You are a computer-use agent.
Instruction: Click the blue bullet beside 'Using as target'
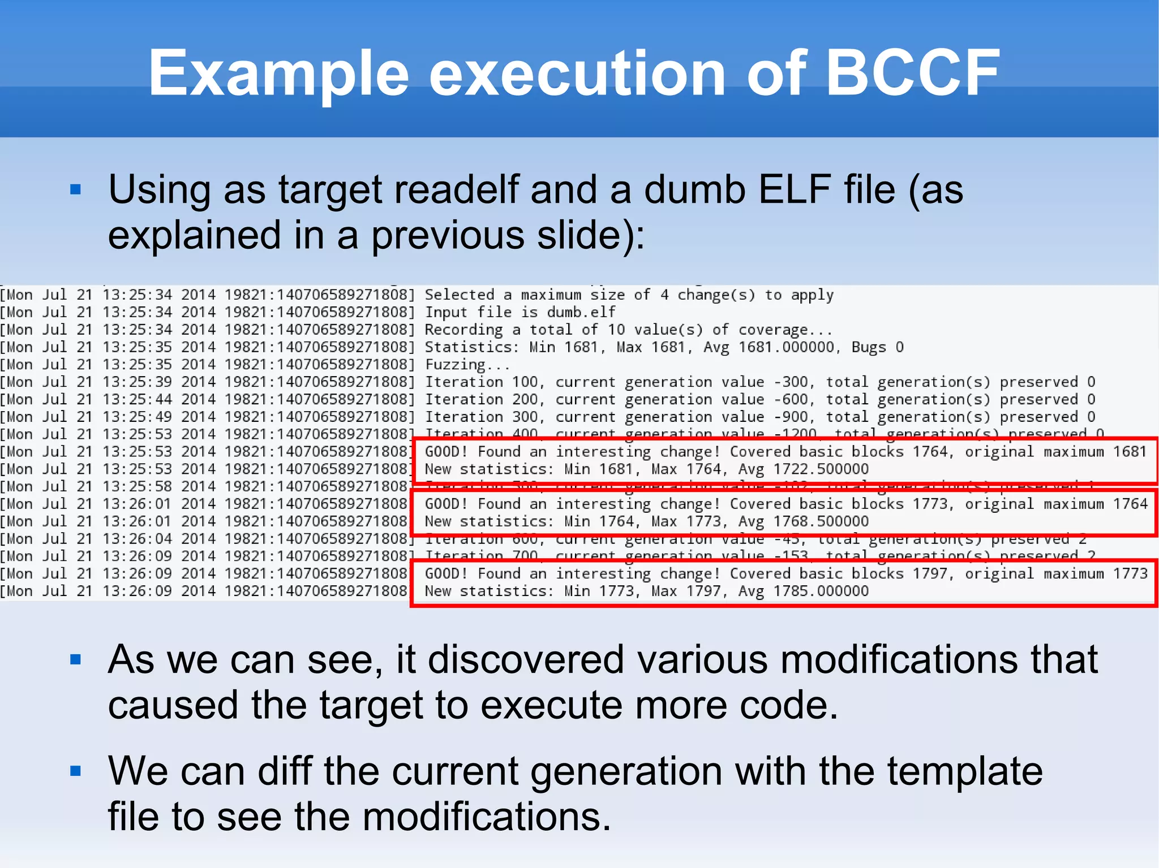click(x=76, y=190)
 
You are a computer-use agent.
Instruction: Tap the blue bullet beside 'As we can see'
click(x=76, y=659)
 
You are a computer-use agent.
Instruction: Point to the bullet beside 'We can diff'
click(x=76, y=771)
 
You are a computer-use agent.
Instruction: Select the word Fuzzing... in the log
click(x=467, y=365)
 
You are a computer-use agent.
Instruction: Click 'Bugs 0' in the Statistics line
click(x=878, y=347)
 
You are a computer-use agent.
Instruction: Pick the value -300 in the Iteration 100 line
click(x=791, y=382)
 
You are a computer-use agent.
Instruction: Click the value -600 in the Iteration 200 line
click(x=791, y=400)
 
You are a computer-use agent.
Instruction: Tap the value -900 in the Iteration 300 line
click(x=791, y=417)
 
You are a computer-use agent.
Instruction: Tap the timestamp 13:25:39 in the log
click(x=137, y=382)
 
